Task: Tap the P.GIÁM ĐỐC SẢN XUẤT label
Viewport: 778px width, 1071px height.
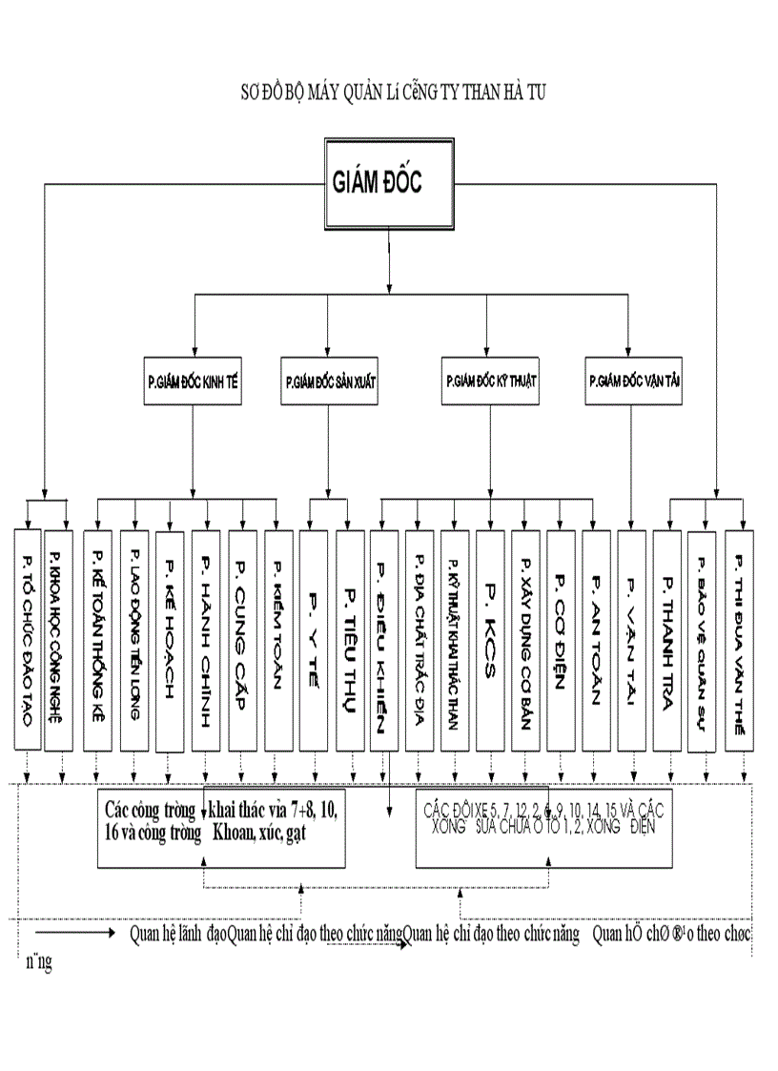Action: [x=330, y=380]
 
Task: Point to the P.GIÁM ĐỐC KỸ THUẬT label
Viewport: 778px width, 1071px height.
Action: [x=492, y=380]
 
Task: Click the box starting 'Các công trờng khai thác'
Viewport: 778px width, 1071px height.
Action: [x=221, y=826]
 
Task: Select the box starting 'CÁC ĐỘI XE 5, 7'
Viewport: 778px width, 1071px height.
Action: [x=543, y=826]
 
